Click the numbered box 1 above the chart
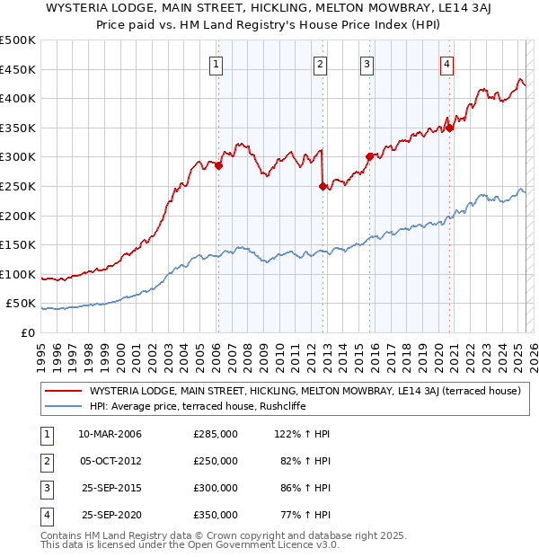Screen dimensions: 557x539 click(x=217, y=63)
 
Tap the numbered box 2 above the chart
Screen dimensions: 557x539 click(x=320, y=63)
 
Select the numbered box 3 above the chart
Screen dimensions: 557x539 click(x=367, y=63)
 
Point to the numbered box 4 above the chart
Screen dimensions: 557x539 click(x=446, y=63)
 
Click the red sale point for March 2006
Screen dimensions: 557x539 click(x=218, y=165)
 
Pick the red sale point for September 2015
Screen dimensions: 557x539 click(x=369, y=156)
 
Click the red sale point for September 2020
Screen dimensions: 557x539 click(x=450, y=128)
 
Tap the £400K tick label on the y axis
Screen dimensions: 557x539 click(x=18, y=98)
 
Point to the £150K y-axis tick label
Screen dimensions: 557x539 click(x=18, y=244)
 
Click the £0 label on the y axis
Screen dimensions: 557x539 click(x=27, y=332)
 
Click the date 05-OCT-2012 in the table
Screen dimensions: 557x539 click(x=110, y=461)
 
